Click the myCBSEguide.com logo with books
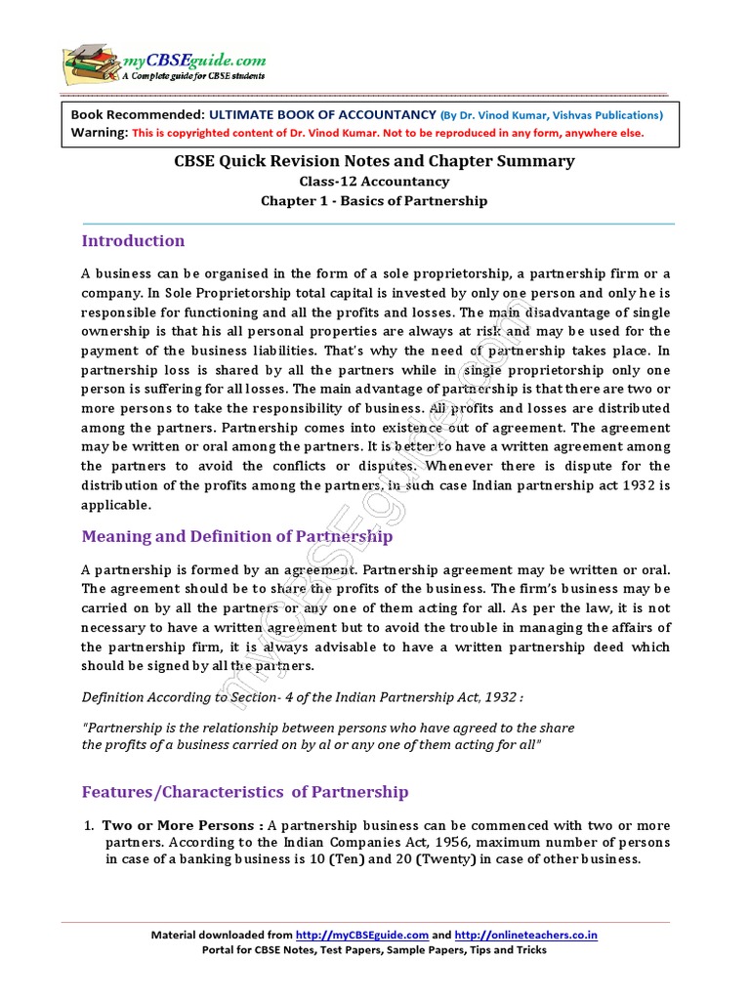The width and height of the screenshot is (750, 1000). pyautogui.click(x=163, y=62)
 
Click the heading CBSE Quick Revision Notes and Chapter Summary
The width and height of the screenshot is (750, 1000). pyautogui.click(x=374, y=161)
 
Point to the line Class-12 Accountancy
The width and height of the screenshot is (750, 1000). pyautogui.click(x=374, y=182)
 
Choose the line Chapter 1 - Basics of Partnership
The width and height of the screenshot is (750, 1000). pyautogui.click(x=374, y=201)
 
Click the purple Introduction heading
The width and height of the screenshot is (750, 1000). pyautogui.click(x=133, y=241)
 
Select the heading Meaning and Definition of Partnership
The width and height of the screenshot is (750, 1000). pyautogui.click(x=237, y=536)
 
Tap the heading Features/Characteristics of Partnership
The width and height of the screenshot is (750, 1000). pyautogui.click(x=245, y=792)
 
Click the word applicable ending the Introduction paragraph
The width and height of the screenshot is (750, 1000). pyautogui.click(x=116, y=505)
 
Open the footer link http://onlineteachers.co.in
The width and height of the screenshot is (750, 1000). pyautogui.click(x=525, y=935)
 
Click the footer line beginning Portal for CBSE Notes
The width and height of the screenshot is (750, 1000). pyautogui.click(x=374, y=949)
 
